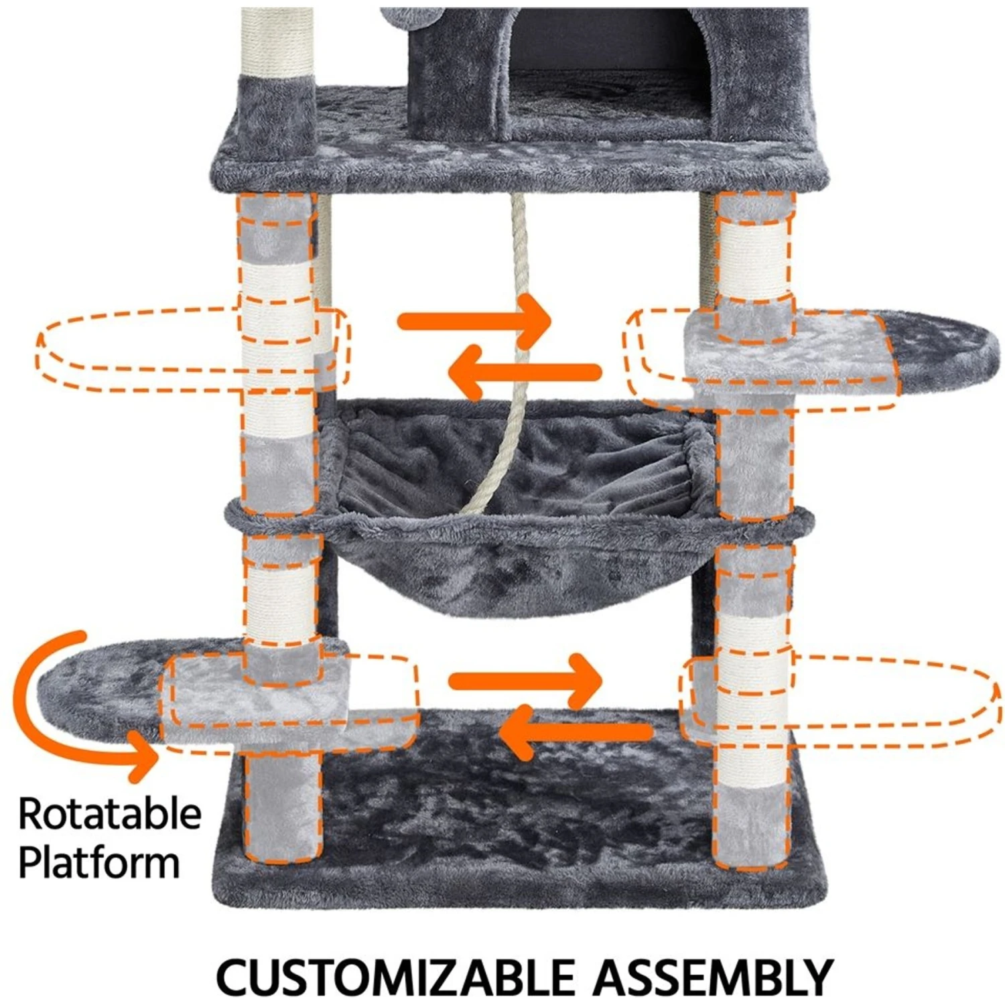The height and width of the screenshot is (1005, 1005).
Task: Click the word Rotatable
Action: [110, 813]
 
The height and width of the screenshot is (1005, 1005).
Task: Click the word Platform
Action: [99, 862]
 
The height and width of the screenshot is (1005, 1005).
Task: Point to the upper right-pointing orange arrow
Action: [476, 322]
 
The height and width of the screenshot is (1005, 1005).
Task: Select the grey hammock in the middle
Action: [516, 509]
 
